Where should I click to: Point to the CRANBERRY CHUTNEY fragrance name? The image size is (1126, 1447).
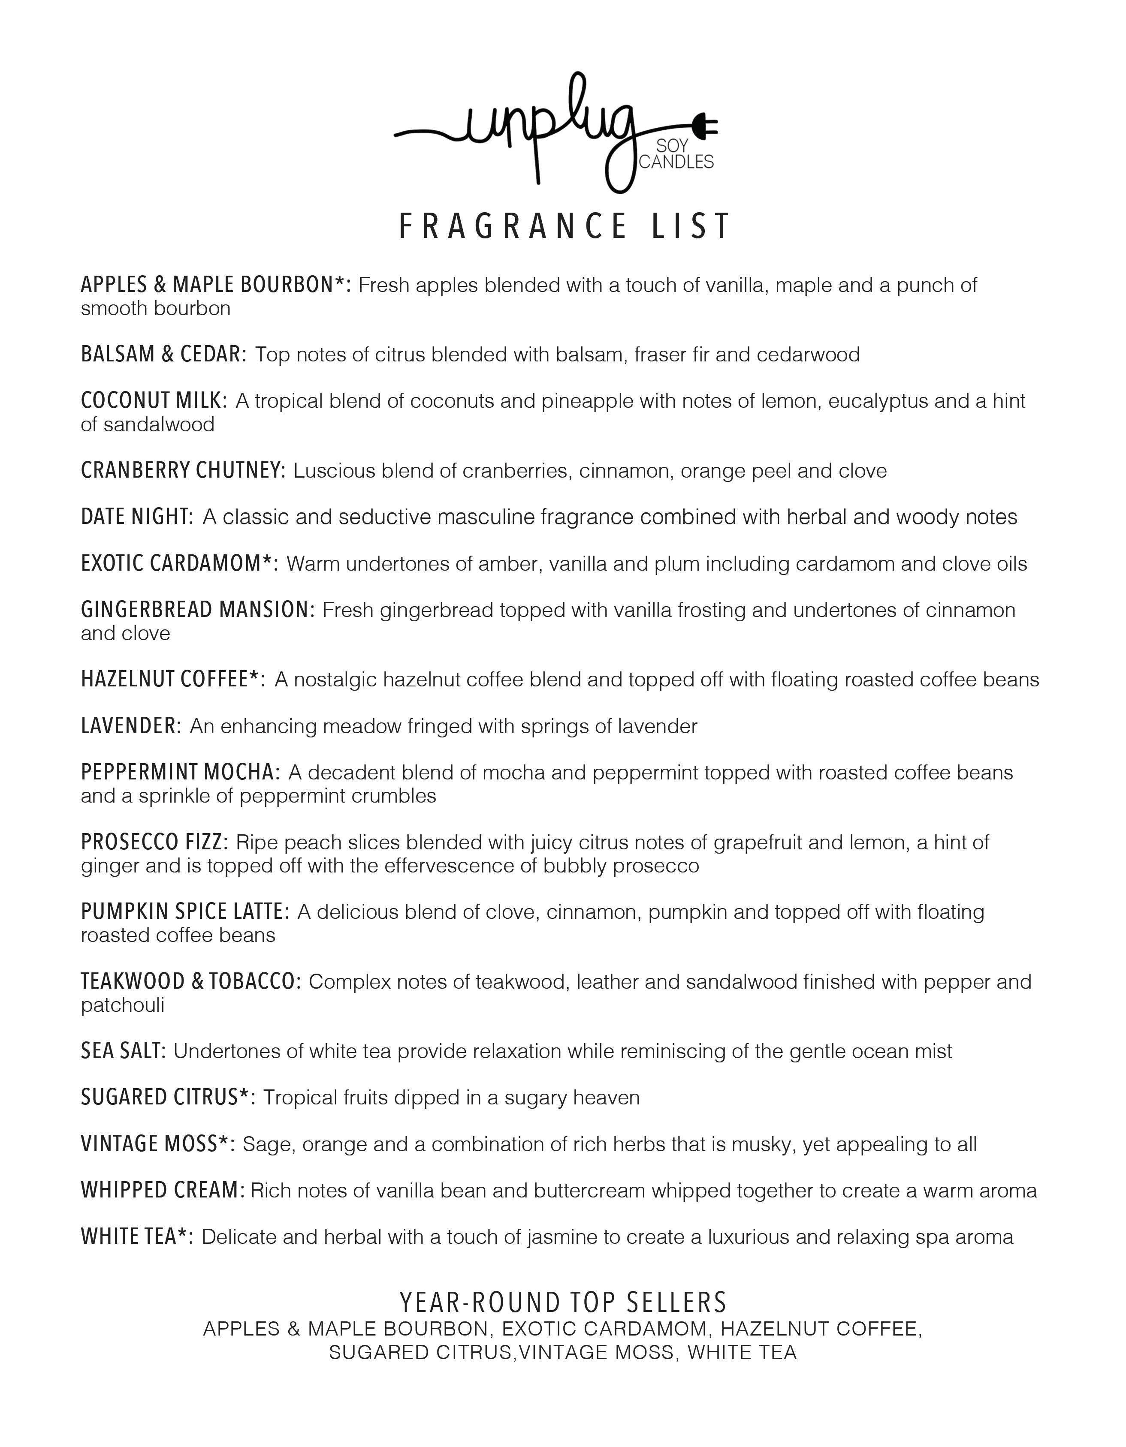point(183,470)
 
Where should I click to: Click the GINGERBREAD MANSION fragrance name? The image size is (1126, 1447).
point(197,610)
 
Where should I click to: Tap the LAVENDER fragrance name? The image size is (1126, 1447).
point(130,726)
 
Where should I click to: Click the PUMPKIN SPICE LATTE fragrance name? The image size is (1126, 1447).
point(185,912)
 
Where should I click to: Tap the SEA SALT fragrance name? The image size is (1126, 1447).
point(123,1051)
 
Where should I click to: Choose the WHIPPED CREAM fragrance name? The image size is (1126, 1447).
point(163,1190)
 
